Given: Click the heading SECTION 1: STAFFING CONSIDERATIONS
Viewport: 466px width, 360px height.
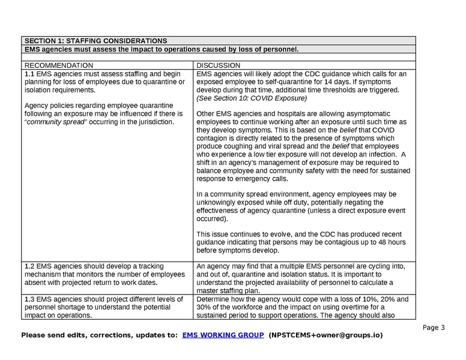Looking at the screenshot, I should [95, 41].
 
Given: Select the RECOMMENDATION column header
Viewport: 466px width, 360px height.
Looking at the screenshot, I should [59, 65].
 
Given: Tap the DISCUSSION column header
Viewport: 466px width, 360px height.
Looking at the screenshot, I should [219, 65].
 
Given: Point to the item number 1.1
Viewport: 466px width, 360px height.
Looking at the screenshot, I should [30, 74].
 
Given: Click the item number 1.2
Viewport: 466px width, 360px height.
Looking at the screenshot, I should [30, 266].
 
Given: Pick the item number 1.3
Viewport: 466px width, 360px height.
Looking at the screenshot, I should [30, 299].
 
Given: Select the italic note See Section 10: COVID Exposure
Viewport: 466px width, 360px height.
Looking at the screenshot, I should [252, 98].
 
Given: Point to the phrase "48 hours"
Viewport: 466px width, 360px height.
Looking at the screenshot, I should [386, 242].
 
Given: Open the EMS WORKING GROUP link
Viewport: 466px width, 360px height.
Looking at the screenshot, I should [223, 335].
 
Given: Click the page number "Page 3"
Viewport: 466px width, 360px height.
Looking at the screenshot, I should [434, 328].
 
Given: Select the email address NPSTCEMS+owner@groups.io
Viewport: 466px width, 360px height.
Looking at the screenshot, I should [325, 335].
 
